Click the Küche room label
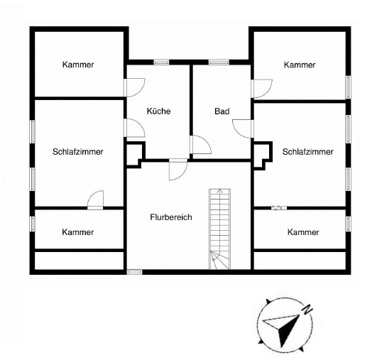pyautogui.click(x=159, y=111)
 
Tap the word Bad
pyautogui.click(x=222, y=111)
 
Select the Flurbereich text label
pyautogui.click(x=170, y=217)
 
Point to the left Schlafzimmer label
pyautogui.click(x=78, y=152)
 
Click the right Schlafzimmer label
pyautogui.click(x=307, y=152)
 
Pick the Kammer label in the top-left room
pyautogui.click(x=78, y=65)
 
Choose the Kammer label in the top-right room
pyautogui.click(x=299, y=65)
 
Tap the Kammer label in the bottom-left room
pyautogui.click(x=78, y=232)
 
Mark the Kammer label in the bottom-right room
pyautogui.click(x=303, y=232)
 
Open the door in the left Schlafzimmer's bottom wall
pyautogui.click(x=96, y=201)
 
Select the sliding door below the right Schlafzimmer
pyautogui.click(x=277, y=207)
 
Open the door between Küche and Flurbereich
pyautogui.click(x=177, y=169)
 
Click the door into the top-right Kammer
pyautogui.click(x=261, y=87)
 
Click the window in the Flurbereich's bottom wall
pyautogui.click(x=133, y=271)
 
